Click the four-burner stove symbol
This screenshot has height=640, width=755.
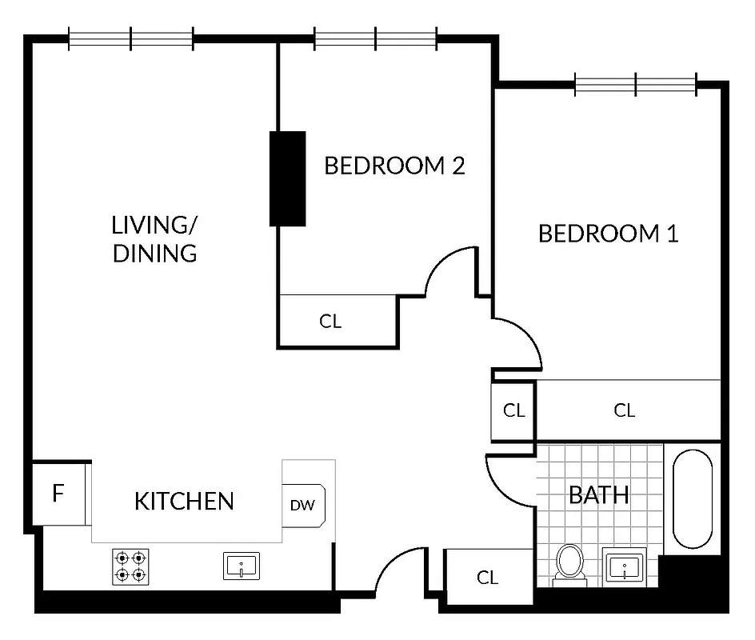click(130, 566)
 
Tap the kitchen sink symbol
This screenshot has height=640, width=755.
click(241, 566)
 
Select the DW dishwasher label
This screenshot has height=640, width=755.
click(302, 505)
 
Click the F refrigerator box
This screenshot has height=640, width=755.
click(58, 494)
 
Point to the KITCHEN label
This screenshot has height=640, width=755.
click(184, 502)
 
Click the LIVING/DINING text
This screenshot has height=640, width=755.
click(154, 238)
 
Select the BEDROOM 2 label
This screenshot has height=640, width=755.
click(394, 166)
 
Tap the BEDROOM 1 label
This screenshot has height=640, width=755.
click(609, 234)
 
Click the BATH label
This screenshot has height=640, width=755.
click(598, 494)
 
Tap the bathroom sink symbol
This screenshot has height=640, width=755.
click(624, 569)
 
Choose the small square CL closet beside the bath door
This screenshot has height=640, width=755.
click(513, 410)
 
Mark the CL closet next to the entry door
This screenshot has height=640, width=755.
click(488, 577)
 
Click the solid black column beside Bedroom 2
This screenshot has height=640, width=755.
click(288, 178)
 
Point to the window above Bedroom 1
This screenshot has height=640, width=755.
click(636, 83)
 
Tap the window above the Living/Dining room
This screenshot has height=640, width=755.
click(130, 38)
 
